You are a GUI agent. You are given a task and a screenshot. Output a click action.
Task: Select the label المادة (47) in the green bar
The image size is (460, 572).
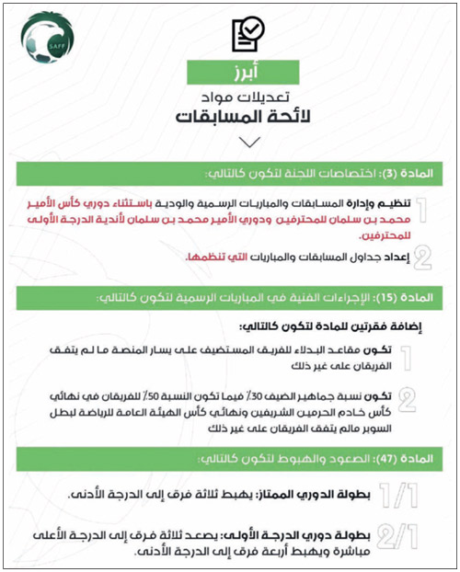point(401,458)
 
